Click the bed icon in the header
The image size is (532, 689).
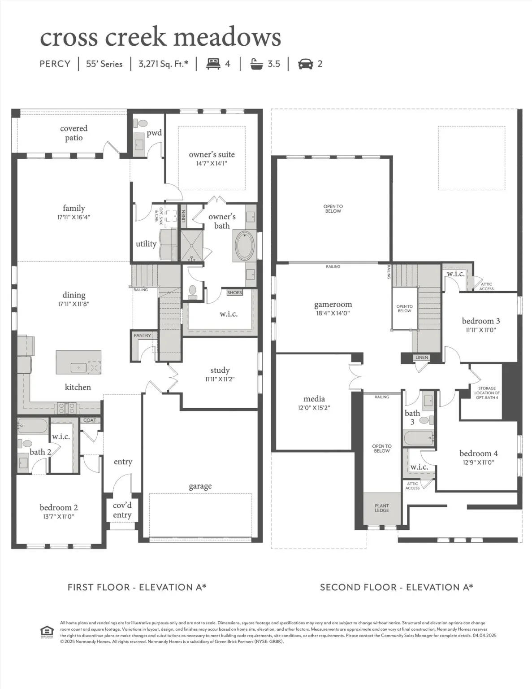(x=213, y=64)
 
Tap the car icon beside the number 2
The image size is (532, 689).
(x=306, y=64)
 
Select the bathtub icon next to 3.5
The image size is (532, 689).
(x=257, y=64)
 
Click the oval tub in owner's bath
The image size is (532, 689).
(x=244, y=245)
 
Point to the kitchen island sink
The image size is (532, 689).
(x=78, y=367)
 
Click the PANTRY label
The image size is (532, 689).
(x=143, y=335)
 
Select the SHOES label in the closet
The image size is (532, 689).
(x=234, y=292)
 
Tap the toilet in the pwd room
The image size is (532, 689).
(x=143, y=123)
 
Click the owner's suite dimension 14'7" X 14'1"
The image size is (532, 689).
(x=212, y=163)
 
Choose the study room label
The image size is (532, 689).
(x=220, y=370)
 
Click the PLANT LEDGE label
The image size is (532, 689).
(x=382, y=508)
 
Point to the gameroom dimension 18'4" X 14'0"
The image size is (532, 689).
(x=333, y=314)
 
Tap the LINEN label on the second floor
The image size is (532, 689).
(x=422, y=358)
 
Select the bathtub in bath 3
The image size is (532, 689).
(x=418, y=438)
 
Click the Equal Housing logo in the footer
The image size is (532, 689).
(x=47, y=632)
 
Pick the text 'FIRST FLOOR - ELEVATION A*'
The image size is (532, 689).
(x=137, y=587)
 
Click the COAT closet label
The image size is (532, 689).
(x=90, y=420)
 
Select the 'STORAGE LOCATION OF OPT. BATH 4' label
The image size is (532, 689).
(x=487, y=393)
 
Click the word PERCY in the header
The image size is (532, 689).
(x=55, y=64)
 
